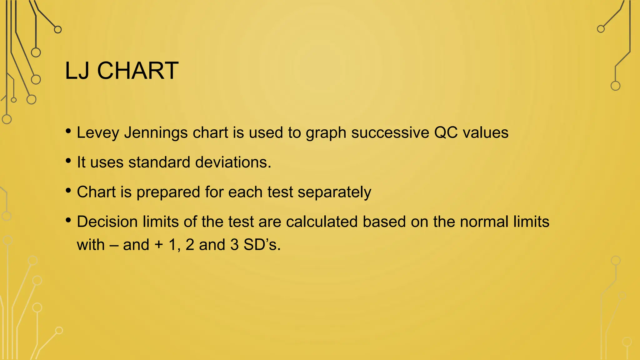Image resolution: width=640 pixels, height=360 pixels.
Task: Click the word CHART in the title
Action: coord(138,71)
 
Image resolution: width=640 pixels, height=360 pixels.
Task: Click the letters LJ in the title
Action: coord(78,71)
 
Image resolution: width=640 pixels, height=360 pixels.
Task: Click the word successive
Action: coord(390,132)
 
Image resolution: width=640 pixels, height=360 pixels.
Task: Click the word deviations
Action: coord(233,162)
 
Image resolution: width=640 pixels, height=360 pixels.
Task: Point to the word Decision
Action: coord(107,222)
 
